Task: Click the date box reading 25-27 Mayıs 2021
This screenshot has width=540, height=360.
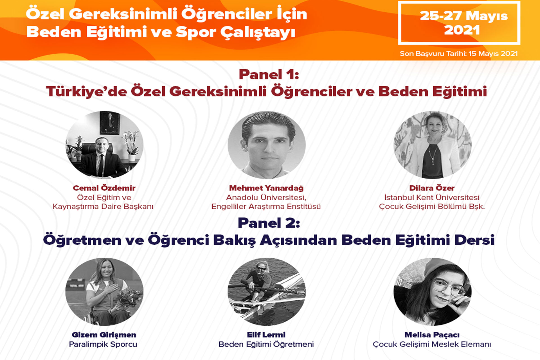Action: pyautogui.click(x=459, y=23)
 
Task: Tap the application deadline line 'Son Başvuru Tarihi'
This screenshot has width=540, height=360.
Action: pyautogui.click(x=459, y=54)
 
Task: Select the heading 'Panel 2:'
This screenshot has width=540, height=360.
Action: pyautogui.click(x=269, y=223)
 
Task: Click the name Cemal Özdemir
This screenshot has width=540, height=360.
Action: pyautogui.click(x=104, y=188)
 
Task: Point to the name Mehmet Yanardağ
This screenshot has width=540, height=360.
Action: pyautogui.click(x=266, y=188)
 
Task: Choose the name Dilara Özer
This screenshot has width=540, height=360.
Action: pyautogui.click(x=432, y=188)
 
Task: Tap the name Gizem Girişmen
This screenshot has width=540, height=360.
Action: pyautogui.click(x=104, y=335)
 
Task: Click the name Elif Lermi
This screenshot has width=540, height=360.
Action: pyautogui.click(x=266, y=335)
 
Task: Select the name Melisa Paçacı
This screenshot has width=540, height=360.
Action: pyautogui.click(x=432, y=335)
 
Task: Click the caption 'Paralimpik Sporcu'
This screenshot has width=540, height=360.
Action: pyautogui.click(x=103, y=344)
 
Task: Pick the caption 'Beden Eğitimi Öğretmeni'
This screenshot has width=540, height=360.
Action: pyautogui.click(x=266, y=344)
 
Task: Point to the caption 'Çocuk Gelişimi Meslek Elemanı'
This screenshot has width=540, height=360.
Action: pyautogui.click(x=432, y=344)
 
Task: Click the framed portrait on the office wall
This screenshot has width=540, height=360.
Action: pyautogui.click(x=110, y=123)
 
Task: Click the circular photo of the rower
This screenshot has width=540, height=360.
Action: pyautogui.click(x=266, y=292)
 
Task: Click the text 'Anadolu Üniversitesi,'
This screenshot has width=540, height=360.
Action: pyautogui.click(x=266, y=197)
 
